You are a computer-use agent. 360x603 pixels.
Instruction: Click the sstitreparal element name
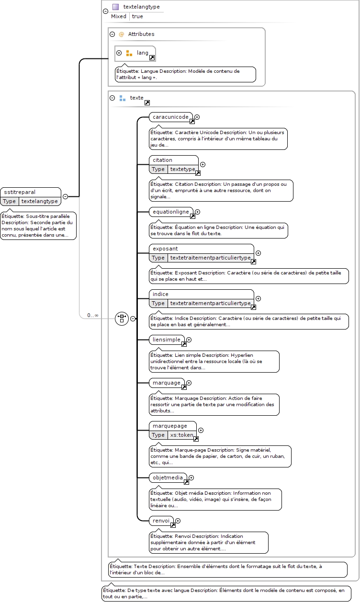(20, 192)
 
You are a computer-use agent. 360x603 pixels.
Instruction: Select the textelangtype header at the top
(141, 7)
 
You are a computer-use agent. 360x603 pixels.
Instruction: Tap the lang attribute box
(135, 53)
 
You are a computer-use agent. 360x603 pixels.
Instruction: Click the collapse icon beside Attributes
(112, 34)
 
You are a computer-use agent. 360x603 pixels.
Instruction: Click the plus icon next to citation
(203, 164)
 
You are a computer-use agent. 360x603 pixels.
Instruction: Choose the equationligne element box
(171, 212)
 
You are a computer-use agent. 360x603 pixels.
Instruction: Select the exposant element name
(165, 249)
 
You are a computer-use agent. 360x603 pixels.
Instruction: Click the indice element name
(160, 294)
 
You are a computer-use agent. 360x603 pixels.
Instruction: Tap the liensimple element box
(167, 340)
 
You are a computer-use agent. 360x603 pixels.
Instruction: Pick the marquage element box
(167, 383)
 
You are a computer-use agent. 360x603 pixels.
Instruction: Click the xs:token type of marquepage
(181, 435)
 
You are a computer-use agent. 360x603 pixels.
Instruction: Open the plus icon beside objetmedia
(191, 478)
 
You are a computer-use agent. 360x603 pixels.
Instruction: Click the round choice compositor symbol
(122, 319)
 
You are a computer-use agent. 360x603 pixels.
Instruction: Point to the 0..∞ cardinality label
(92, 315)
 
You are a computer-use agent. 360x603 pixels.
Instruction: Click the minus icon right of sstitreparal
(66, 196)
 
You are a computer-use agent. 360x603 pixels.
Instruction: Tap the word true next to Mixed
(137, 16)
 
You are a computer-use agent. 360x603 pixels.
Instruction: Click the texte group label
(137, 98)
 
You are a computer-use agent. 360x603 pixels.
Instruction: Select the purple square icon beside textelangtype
(116, 7)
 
